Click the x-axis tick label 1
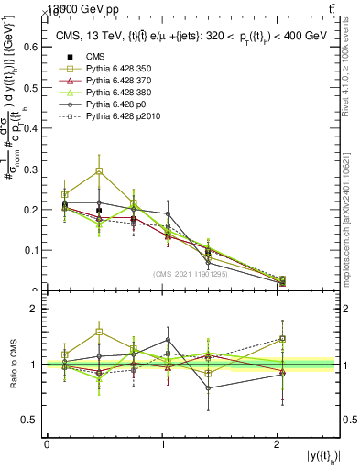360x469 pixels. (163, 444)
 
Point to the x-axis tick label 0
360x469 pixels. (47, 444)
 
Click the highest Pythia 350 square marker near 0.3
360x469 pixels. (99, 171)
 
